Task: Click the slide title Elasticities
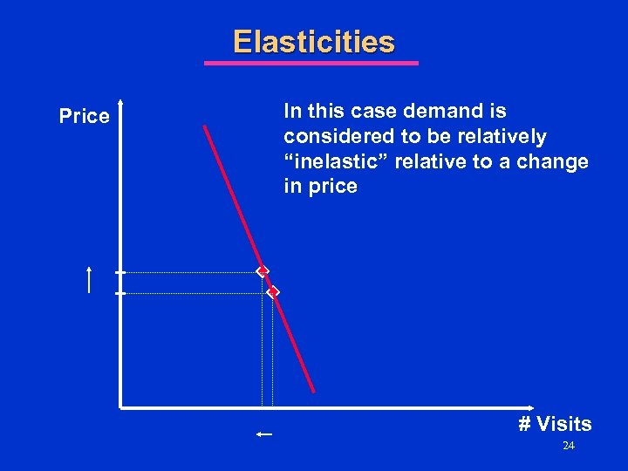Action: click(313, 42)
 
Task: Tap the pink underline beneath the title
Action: click(311, 63)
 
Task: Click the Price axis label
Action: click(85, 116)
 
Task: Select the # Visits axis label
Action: click(555, 424)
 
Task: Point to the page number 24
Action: click(569, 446)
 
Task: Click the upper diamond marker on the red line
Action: click(262, 272)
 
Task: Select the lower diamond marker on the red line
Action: click(273, 292)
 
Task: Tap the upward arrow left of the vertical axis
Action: click(89, 280)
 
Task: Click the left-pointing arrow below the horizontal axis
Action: click(264, 433)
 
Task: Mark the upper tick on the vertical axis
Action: click(120, 272)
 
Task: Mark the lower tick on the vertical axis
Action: click(120, 293)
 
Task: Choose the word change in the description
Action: click(556, 162)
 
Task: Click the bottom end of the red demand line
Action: click(313, 391)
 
